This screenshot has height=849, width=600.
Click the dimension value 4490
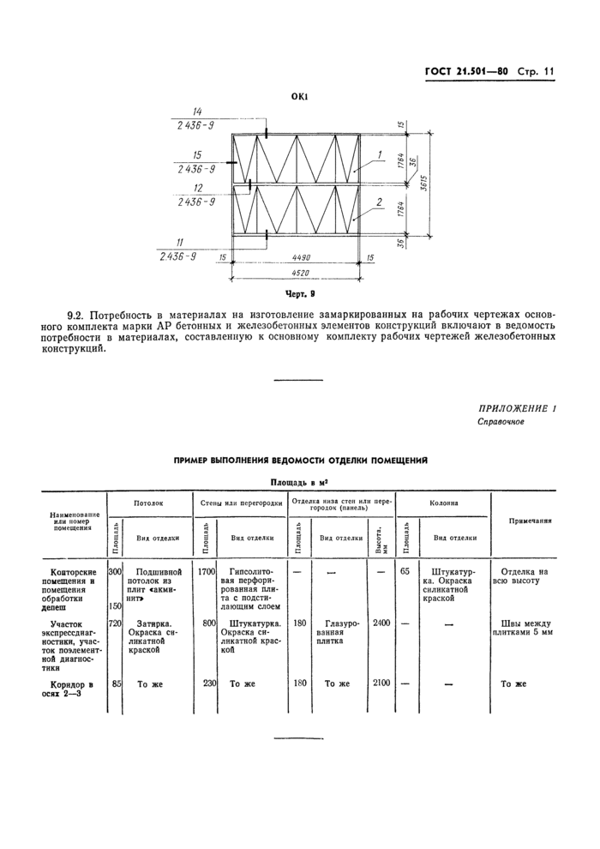[x=300, y=256]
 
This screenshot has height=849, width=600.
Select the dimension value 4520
[x=300, y=274]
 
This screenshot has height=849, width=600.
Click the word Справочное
[x=501, y=422]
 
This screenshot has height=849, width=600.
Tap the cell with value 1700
[x=206, y=570]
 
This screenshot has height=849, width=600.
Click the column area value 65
[x=405, y=570]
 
